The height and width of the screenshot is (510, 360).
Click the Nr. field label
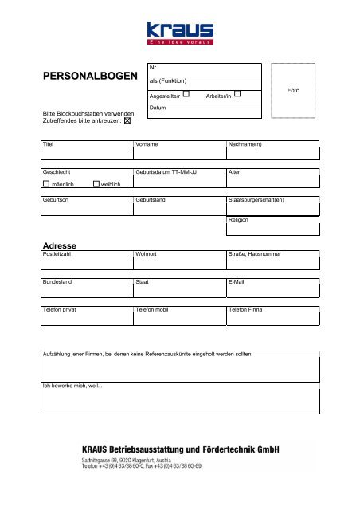(x=154, y=69)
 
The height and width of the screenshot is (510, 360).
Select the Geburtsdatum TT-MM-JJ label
(x=167, y=171)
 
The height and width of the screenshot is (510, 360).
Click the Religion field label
(x=239, y=218)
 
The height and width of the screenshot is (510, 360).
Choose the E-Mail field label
(x=237, y=281)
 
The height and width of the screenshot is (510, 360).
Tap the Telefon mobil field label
(x=155, y=308)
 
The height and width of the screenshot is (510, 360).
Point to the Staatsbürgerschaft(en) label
(x=256, y=198)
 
